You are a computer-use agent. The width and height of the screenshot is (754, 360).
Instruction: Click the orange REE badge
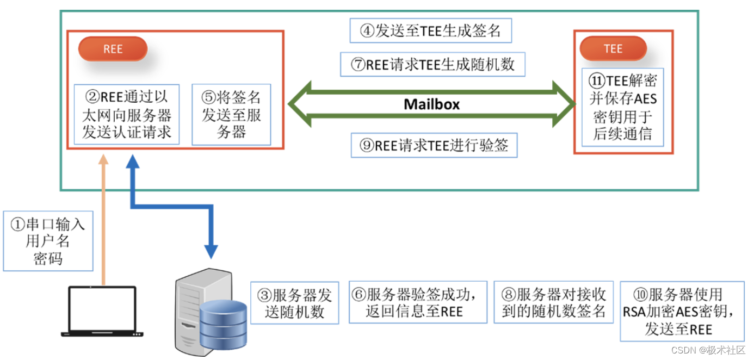pos(113,49)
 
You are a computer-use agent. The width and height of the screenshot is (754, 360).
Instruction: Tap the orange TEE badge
pos(613,49)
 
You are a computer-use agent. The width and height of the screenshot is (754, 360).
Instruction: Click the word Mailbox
pos(431,104)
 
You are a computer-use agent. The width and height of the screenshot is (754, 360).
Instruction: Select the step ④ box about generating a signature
pos(431,31)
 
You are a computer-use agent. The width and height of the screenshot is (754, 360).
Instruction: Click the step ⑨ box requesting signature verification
pos(434,146)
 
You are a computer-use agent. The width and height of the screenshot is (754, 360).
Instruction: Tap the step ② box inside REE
pos(127,114)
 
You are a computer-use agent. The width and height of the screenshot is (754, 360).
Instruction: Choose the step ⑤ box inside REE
pos(231,114)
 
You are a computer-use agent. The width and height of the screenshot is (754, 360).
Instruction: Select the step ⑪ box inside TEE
pos(622,107)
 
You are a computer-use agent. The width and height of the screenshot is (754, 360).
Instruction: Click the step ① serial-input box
pos(48,241)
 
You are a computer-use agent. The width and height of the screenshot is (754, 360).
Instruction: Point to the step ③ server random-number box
pos(294,303)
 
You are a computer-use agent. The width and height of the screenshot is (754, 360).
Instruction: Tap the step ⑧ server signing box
pos(554,303)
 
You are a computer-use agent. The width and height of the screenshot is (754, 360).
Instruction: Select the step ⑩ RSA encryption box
pos(682,312)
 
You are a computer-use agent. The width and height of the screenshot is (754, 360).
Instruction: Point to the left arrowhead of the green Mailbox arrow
pos(298,104)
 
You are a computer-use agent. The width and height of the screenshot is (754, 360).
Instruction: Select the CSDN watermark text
pos(708,349)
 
